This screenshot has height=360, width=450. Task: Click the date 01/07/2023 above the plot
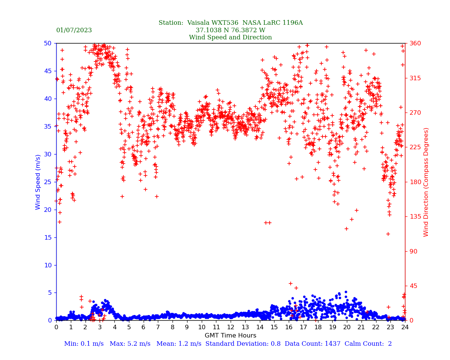[x=74, y=30]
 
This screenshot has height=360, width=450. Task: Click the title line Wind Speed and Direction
[x=230, y=37]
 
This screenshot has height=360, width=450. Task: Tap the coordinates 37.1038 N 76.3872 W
[x=230, y=30]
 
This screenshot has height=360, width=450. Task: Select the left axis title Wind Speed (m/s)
[x=38, y=182]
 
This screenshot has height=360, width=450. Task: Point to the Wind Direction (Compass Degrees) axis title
[x=426, y=182]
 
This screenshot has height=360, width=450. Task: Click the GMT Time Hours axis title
[x=230, y=336]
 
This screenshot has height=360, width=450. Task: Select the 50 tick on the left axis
[x=48, y=43]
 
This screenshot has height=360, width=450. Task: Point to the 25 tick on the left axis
[x=48, y=182]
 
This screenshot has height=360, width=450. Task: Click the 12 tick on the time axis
[x=231, y=327]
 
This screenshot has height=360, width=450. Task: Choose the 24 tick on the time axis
[x=405, y=327]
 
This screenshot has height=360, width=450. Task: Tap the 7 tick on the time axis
[x=158, y=327]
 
